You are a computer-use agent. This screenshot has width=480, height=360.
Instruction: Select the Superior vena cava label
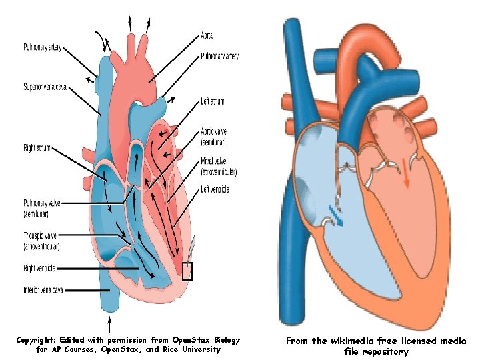[45, 87]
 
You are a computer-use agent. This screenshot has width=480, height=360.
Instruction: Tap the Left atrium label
[213, 102]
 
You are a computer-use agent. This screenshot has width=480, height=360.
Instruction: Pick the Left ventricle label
[215, 190]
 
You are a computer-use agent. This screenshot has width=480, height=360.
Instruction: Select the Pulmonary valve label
[41, 207]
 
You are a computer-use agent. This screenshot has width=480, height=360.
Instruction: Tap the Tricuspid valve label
[41, 241]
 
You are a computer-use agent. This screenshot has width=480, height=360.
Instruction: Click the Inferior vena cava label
[43, 289]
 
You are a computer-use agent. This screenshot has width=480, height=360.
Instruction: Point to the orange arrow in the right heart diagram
[405, 171]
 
